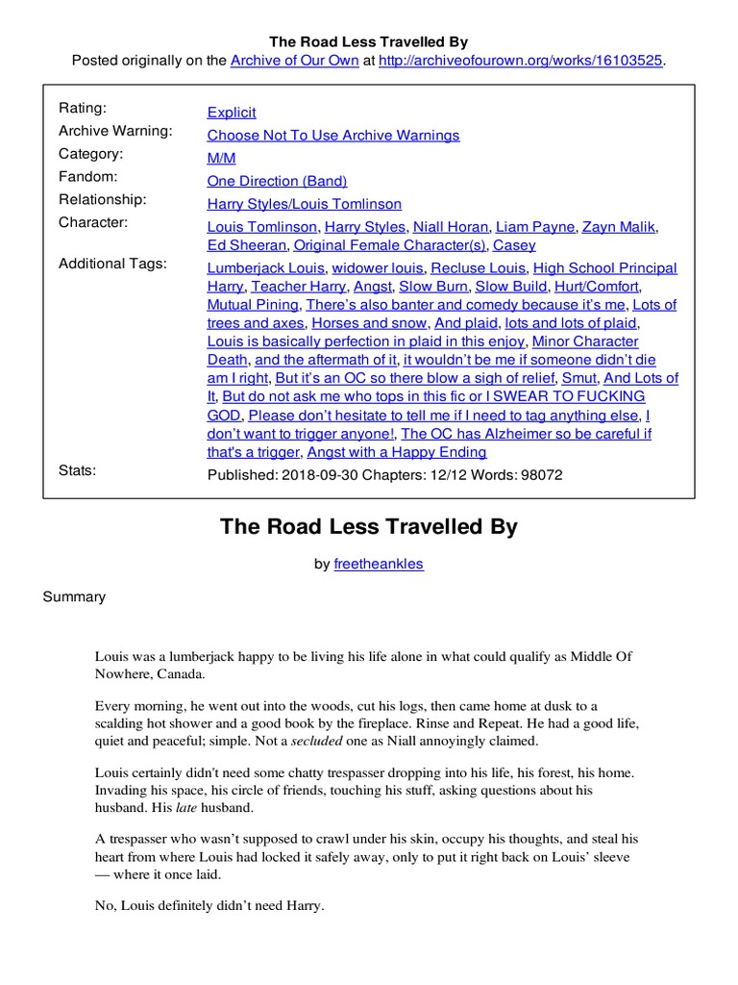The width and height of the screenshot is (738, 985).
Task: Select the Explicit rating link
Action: click(232, 113)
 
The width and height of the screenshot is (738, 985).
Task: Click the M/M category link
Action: click(221, 159)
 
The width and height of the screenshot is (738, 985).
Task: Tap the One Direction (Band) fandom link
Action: click(277, 181)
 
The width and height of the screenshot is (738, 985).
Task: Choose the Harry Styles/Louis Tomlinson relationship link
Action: click(305, 204)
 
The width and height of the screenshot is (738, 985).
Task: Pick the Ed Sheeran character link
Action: click(247, 245)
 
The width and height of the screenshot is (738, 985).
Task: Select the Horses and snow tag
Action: click(369, 323)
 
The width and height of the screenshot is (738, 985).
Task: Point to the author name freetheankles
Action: click(378, 564)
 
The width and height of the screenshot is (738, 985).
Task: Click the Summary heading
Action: click(74, 597)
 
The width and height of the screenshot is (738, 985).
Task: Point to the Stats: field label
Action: click(78, 470)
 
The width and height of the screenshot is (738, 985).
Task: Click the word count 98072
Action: click(540, 475)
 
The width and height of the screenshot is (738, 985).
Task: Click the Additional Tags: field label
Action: click(112, 264)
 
